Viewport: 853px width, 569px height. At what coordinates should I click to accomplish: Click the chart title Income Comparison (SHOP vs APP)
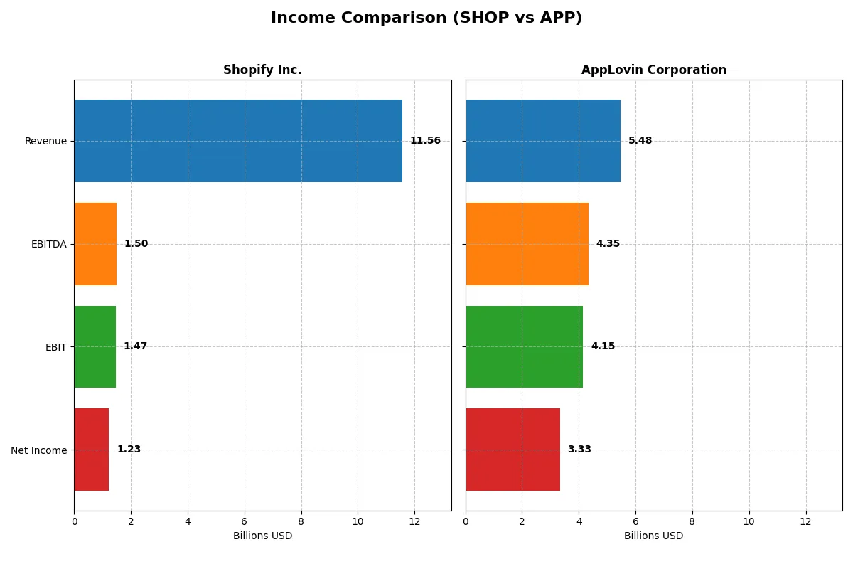pyautogui.click(x=426, y=18)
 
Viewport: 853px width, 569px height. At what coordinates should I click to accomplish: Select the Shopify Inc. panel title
pyautogui.click(x=262, y=70)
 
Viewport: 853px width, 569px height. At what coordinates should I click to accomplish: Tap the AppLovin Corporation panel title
pyautogui.click(x=653, y=70)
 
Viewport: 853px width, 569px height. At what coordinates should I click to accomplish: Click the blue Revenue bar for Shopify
pyautogui.click(x=238, y=141)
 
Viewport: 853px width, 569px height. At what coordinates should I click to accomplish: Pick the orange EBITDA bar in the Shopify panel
pyautogui.click(x=95, y=244)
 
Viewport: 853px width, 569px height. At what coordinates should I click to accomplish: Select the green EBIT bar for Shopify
pyautogui.click(x=95, y=346)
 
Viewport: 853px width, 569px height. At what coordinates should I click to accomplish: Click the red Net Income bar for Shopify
pyautogui.click(x=91, y=450)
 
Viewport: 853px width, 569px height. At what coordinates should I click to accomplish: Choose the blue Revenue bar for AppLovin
pyautogui.click(x=543, y=141)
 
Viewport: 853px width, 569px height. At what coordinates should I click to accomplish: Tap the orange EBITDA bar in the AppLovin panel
pyautogui.click(x=527, y=244)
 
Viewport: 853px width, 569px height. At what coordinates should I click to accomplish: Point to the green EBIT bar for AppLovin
pyautogui.click(x=524, y=346)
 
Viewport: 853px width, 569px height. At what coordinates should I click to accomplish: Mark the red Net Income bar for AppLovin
pyautogui.click(x=513, y=450)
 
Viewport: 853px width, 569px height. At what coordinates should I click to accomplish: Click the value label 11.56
pyautogui.click(x=425, y=141)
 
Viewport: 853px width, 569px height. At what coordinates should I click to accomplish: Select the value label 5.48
pyautogui.click(x=640, y=141)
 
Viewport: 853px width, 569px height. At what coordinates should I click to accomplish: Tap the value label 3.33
pyautogui.click(x=579, y=450)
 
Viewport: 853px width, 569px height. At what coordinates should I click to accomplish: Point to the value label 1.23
pyautogui.click(x=129, y=450)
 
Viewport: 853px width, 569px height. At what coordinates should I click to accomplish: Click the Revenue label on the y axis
pyautogui.click(x=45, y=141)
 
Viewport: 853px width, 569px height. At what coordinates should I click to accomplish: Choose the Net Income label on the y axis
pyautogui.click(x=39, y=450)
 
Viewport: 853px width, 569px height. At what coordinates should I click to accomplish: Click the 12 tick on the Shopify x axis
pyautogui.click(x=414, y=521)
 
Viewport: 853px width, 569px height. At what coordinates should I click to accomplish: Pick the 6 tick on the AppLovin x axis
pyautogui.click(x=635, y=521)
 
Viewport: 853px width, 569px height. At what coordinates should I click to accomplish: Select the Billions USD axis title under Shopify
pyautogui.click(x=262, y=536)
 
